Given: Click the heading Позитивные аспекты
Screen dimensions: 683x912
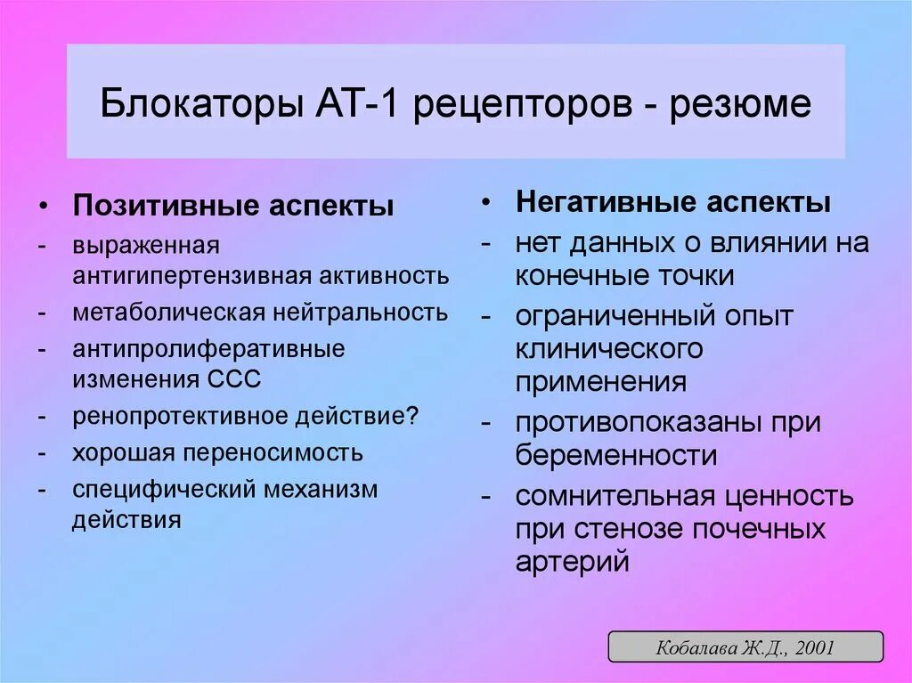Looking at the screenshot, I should pyautogui.click(x=233, y=207).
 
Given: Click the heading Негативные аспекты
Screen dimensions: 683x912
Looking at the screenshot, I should pyautogui.click(x=673, y=203).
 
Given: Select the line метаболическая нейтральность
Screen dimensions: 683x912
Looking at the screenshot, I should pyautogui.click(x=260, y=313).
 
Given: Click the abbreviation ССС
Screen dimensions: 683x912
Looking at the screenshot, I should pyautogui.click(x=235, y=379).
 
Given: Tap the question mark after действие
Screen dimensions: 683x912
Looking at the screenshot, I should pyautogui.click(x=413, y=416).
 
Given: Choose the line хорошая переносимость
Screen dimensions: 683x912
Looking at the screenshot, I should pyautogui.click(x=217, y=452).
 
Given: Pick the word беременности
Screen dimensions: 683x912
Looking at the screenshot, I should pyautogui.click(x=615, y=455).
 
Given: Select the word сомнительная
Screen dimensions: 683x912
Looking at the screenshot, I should pyautogui.click(x=621, y=495).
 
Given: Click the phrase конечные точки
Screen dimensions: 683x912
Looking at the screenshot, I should pyautogui.click(x=624, y=276).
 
